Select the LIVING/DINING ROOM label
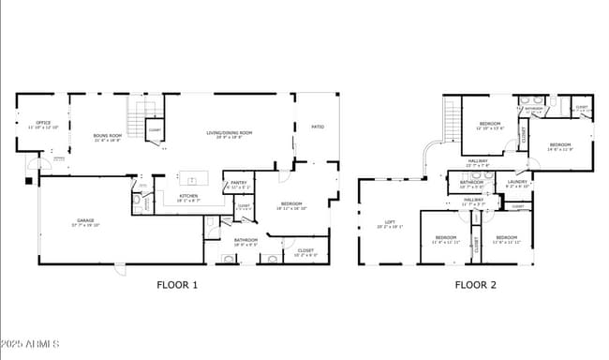tap(230, 134)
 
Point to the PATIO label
tap(318, 126)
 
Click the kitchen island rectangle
tap(195, 178)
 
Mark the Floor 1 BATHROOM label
tap(246, 241)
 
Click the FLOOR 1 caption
tap(176, 284)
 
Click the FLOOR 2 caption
tap(475, 284)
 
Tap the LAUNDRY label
tap(518, 184)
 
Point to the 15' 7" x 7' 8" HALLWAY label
tap(479, 161)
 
